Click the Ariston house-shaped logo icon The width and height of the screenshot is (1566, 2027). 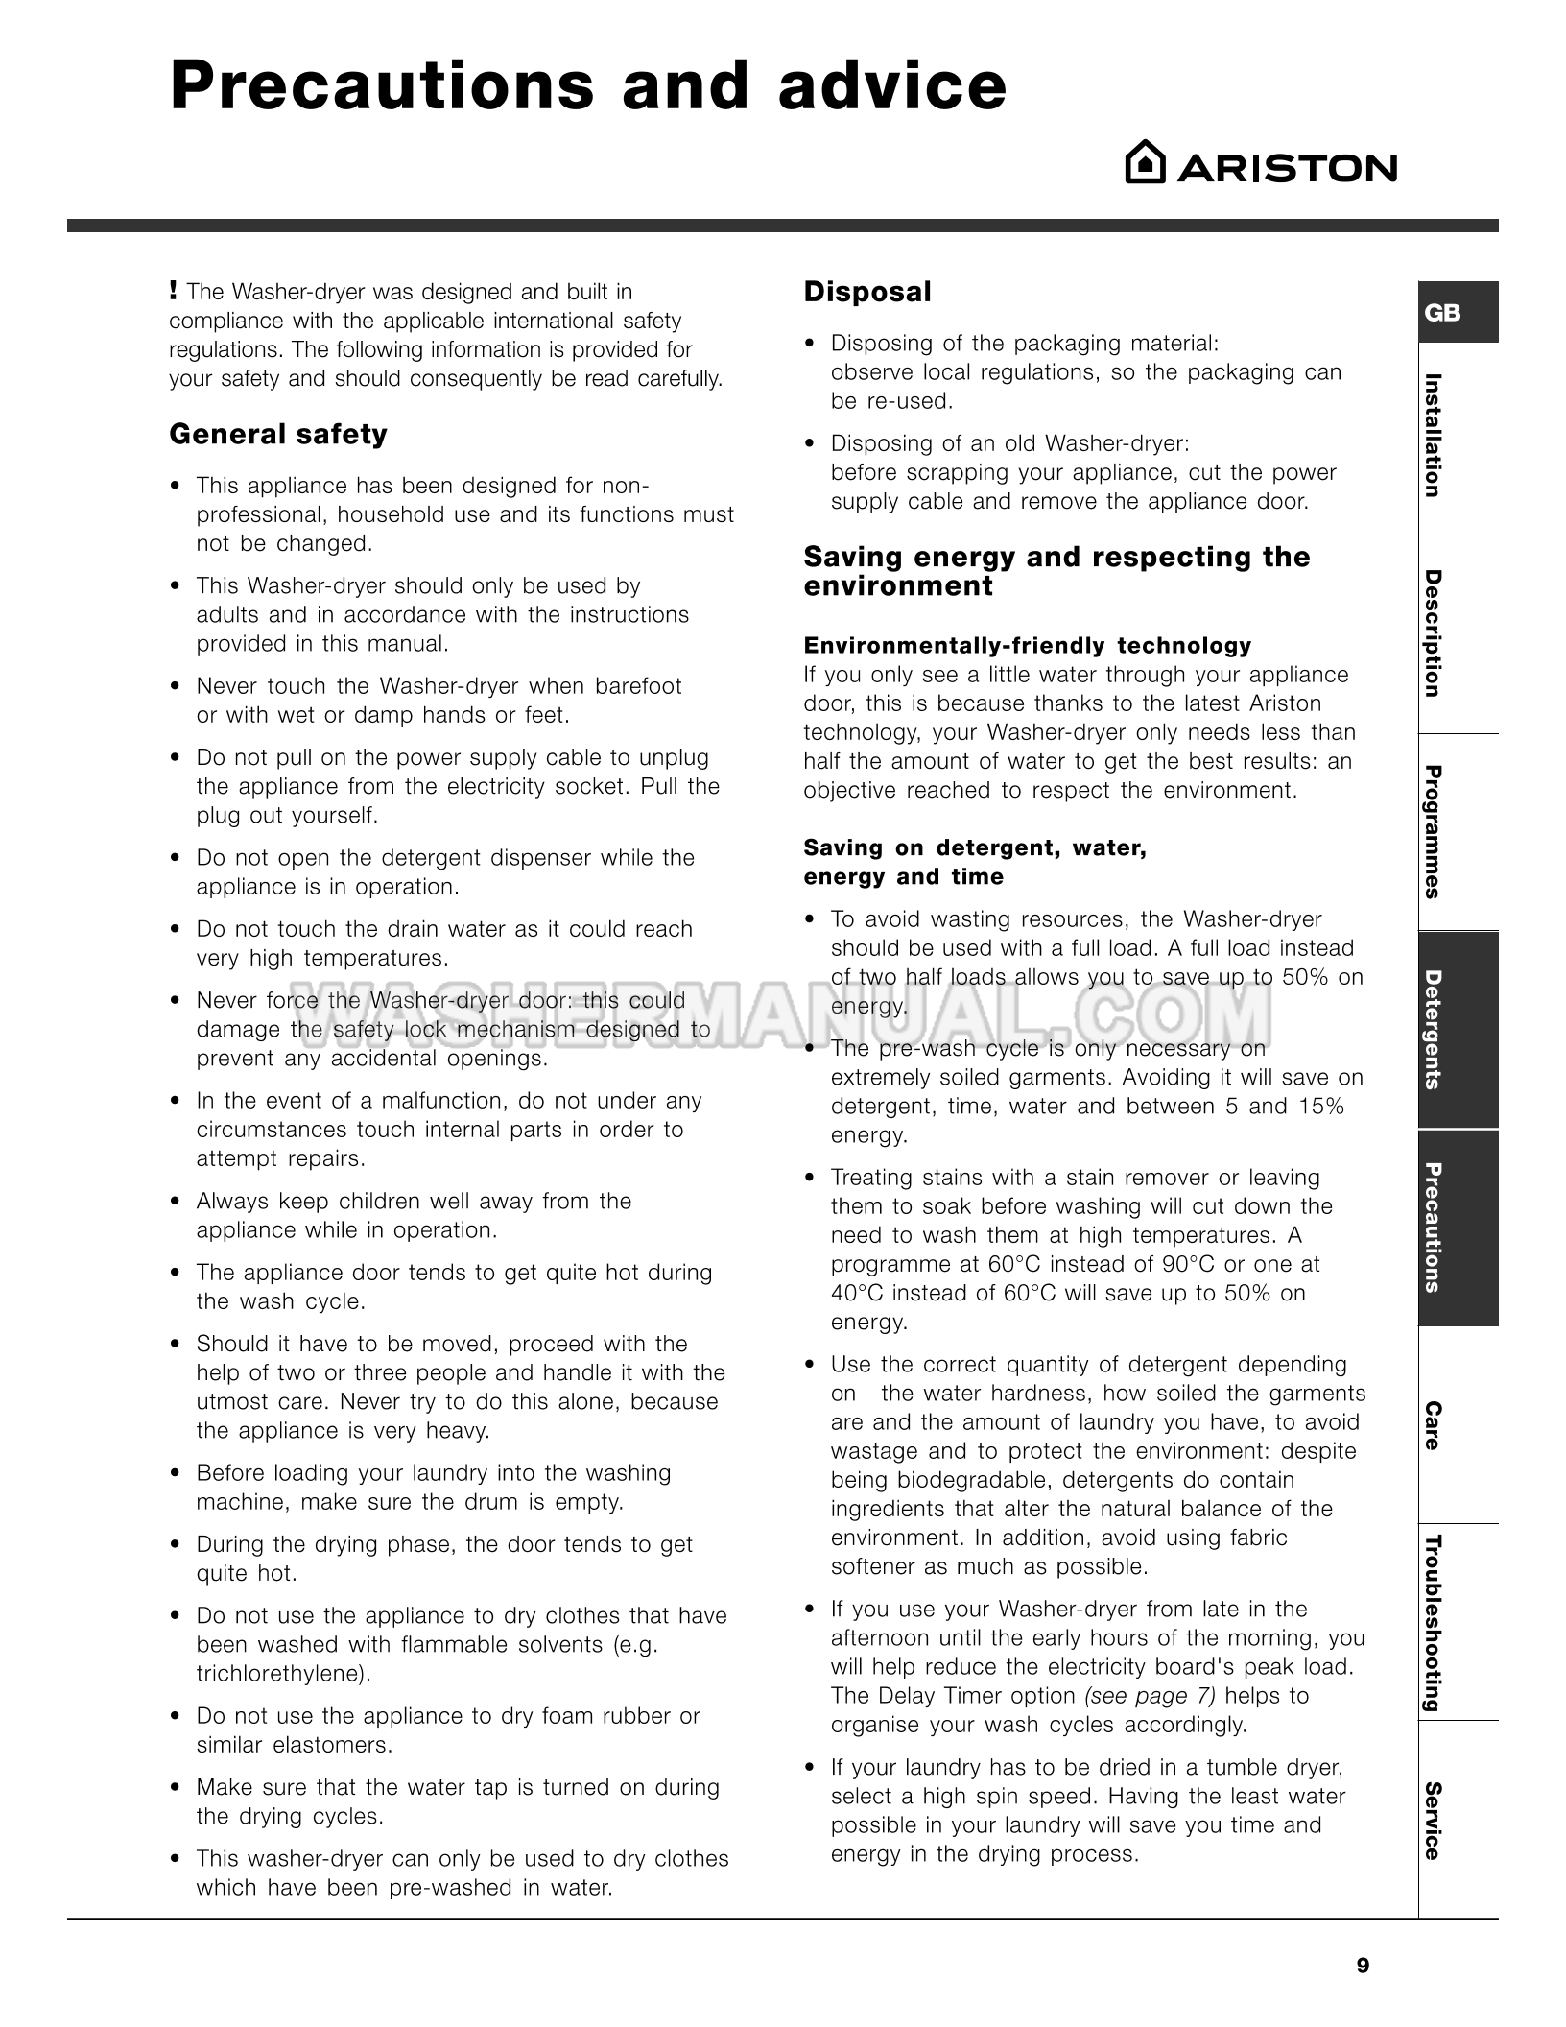1145,163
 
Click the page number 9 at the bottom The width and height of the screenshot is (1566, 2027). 1363,1966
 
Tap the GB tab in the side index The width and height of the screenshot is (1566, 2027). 1443,313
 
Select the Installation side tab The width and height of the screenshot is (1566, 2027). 1432,436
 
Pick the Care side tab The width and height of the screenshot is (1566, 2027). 1432,1425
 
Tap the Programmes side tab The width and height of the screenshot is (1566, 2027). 1432,832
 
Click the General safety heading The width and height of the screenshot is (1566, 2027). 278,435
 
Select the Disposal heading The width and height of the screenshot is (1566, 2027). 867,292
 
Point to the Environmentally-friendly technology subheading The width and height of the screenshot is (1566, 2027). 1028,645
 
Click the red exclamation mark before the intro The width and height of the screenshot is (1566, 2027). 173,290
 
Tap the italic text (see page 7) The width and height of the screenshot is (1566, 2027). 1150,1696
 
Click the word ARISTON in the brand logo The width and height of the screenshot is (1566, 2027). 1287,169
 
